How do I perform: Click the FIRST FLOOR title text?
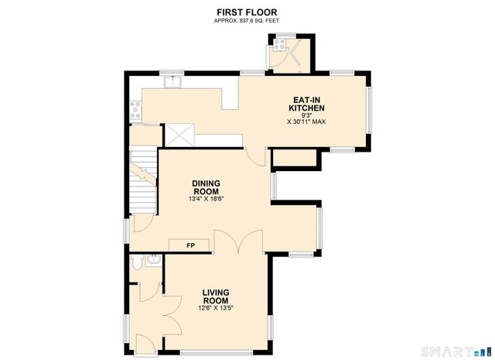(x=247, y=12)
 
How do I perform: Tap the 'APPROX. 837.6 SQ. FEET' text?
(x=247, y=20)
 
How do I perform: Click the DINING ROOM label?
(x=206, y=187)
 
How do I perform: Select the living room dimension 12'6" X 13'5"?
(x=216, y=308)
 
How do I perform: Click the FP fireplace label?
(x=190, y=245)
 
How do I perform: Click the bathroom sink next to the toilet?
(x=152, y=261)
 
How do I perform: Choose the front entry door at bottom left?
(x=144, y=341)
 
